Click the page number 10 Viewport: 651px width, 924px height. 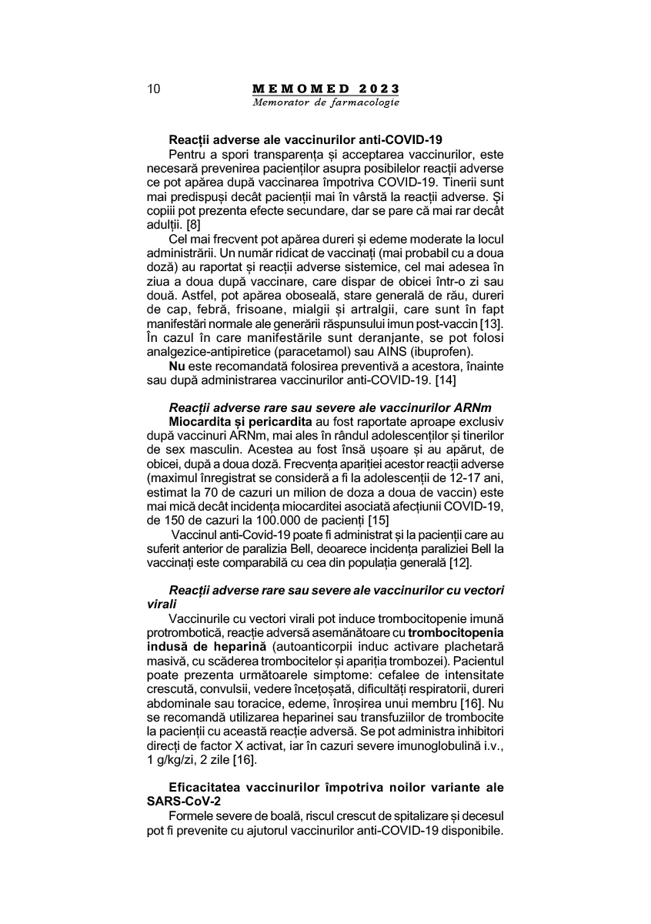pyautogui.click(x=153, y=89)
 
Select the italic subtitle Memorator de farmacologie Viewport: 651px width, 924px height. pyautogui.click(x=325, y=102)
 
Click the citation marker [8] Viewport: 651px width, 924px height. pyautogui.click(x=189, y=225)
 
